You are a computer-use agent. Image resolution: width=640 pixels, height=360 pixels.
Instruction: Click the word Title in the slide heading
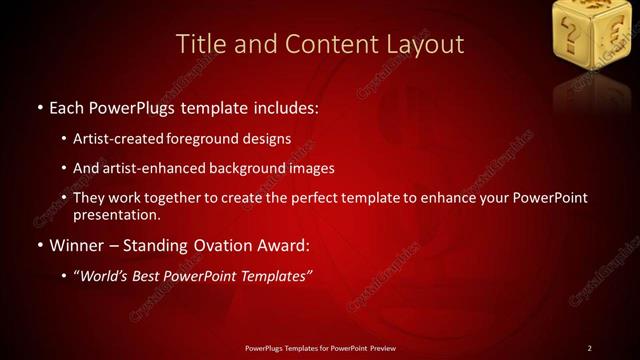click(x=197, y=44)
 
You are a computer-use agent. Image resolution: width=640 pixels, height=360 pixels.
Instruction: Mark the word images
click(x=313, y=169)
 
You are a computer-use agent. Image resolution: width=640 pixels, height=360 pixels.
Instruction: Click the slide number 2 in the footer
click(x=589, y=348)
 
